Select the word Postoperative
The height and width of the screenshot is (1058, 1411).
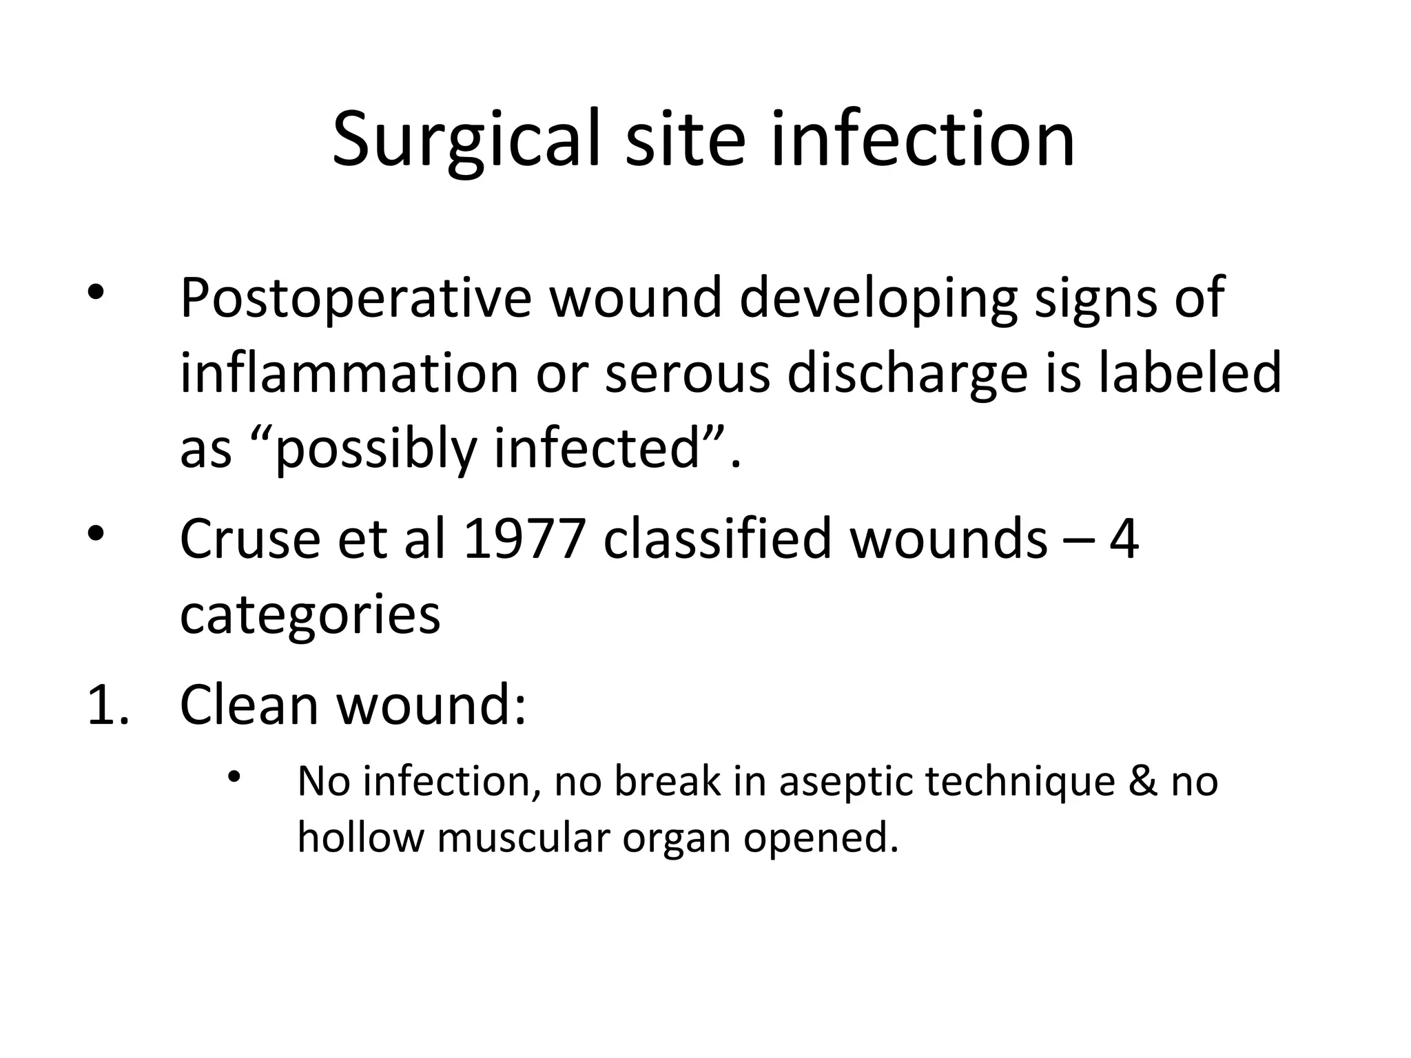click(x=356, y=299)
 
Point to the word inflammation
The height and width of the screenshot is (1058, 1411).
click(x=349, y=373)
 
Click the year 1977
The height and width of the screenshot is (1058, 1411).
click(x=524, y=538)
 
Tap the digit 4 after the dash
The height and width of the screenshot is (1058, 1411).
click(x=1124, y=539)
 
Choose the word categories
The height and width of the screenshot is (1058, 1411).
click(x=309, y=615)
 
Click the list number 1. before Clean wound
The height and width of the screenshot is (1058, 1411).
click(x=108, y=705)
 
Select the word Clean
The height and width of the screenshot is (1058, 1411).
click(x=249, y=705)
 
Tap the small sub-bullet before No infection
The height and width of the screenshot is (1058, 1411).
click(x=234, y=776)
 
